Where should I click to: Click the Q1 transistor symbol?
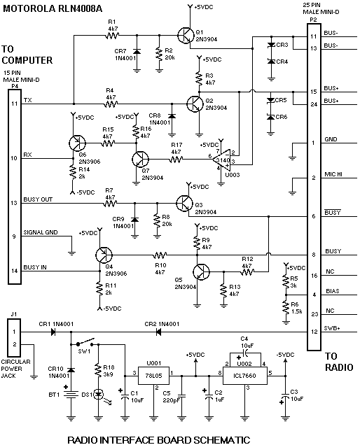coord(186,35)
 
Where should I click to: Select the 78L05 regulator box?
coord(153,376)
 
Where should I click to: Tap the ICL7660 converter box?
coord(244,376)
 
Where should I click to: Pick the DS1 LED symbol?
coord(99,394)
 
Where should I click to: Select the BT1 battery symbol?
coord(71,395)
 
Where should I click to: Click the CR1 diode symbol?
coord(53,332)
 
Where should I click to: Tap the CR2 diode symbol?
coord(159,332)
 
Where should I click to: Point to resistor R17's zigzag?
coord(176,160)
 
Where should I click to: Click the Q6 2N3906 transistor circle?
coord(77,143)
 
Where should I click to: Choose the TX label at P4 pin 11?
coord(27,100)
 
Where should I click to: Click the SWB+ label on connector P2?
coord(332,328)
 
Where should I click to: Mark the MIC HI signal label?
coord(333,174)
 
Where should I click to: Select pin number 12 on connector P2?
coord(314,332)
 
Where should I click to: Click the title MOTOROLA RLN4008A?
coord(53,9)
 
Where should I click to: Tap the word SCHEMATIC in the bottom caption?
coord(222,439)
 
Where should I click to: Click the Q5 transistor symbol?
coord(201,272)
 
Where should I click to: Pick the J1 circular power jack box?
coord(14,338)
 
